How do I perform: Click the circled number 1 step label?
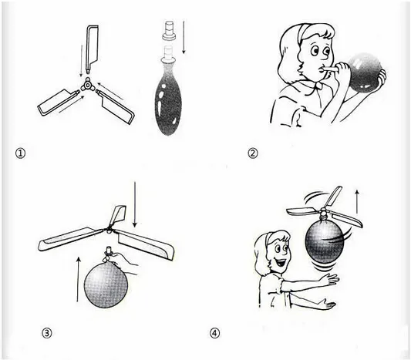[21, 153]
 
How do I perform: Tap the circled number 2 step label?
[253, 153]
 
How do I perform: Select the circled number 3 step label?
[47, 333]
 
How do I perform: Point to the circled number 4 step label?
[214, 333]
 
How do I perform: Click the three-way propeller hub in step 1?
[86, 86]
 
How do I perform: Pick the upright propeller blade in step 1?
[91, 49]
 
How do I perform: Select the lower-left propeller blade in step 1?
[58, 103]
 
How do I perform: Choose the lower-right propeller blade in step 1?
[116, 106]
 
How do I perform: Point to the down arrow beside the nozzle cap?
[184, 37]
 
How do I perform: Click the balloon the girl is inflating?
[366, 71]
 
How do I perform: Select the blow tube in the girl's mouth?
[329, 69]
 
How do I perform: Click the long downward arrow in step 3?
[135, 204]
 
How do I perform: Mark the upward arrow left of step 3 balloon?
[78, 279]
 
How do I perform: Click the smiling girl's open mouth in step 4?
[280, 262]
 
